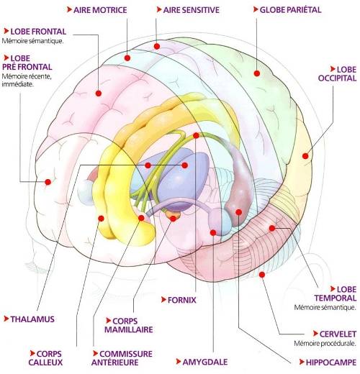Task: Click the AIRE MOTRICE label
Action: [x=100, y=10]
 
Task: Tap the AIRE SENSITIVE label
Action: [x=191, y=10]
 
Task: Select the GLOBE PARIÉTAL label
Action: [x=290, y=9]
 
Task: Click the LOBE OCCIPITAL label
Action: [x=338, y=73]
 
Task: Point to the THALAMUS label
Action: [x=32, y=319]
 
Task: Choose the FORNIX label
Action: [x=181, y=300]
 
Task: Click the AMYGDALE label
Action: [x=205, y=362]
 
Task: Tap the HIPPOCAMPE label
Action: [x=331, y=362]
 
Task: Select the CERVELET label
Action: [x=338, y=334]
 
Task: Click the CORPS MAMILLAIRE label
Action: [x=129, y=325]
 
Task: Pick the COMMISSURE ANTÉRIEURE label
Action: [x=122, y=358]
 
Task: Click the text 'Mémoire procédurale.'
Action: [x=325, y=343]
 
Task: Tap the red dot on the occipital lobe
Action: [x=305, y=156]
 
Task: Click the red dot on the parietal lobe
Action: [x=257, y=73]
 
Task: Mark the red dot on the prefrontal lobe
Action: [x=48, y=182]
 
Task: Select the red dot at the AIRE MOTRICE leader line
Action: [x=127, y=58]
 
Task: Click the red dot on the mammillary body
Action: [x=173, y=219]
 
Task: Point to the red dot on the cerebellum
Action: [x=262, y=275]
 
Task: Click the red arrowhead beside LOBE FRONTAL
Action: [x=6, y=31]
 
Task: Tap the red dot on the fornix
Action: [x=196, y=135]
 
